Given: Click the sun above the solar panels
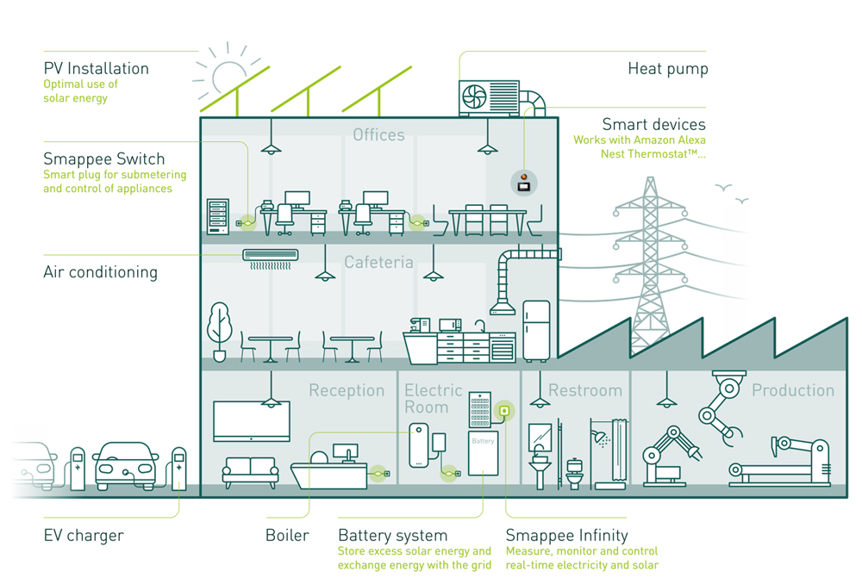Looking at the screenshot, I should (x=230, y=78).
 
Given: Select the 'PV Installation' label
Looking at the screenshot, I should (x=96, y=68).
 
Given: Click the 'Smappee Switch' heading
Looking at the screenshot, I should (x=103, y=159).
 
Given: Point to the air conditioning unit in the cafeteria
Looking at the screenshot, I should (x=270, y=255).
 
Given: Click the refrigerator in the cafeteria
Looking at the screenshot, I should (x=536, y=330).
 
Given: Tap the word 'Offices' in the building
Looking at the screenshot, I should (x=378, y=134).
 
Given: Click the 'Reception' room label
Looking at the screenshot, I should (x=347, y=390).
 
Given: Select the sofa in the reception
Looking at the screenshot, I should (x=250, y=472).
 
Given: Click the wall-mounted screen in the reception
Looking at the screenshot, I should (x=251, y=420).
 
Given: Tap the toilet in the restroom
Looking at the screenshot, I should (x=575, y=472).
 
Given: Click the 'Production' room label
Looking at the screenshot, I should (x=793, y=390).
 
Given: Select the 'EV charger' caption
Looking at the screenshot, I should (x=84, y=535).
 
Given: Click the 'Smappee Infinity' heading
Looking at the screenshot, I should (x=566, y=535).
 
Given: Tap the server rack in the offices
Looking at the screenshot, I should (x=219, y=215).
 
